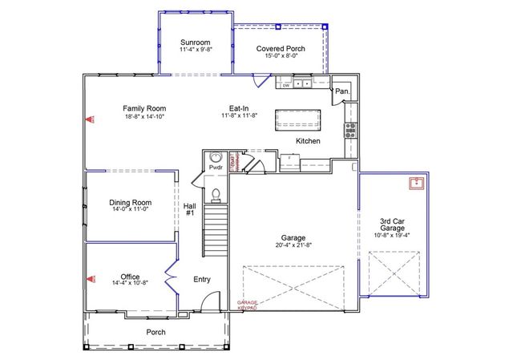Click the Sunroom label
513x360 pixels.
click(195, 42)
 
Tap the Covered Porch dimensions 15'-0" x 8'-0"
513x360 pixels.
click(277, 56)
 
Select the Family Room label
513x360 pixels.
click(144, 107)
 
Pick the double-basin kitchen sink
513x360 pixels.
click(303, 83)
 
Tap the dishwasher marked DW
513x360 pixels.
click(285, 83)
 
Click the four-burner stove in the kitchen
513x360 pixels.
click(349, 131)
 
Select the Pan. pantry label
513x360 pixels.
click(342, 91)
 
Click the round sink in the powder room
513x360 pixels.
click(215, 158)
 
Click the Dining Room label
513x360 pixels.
click(131, 203)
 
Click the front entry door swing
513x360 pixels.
click(207, 303)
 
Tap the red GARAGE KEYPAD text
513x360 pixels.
click(247, 305)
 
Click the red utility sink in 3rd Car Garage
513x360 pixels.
click(416, 184)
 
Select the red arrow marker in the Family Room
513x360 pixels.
click(90, 119)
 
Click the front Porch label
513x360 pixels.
click(156, 332)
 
